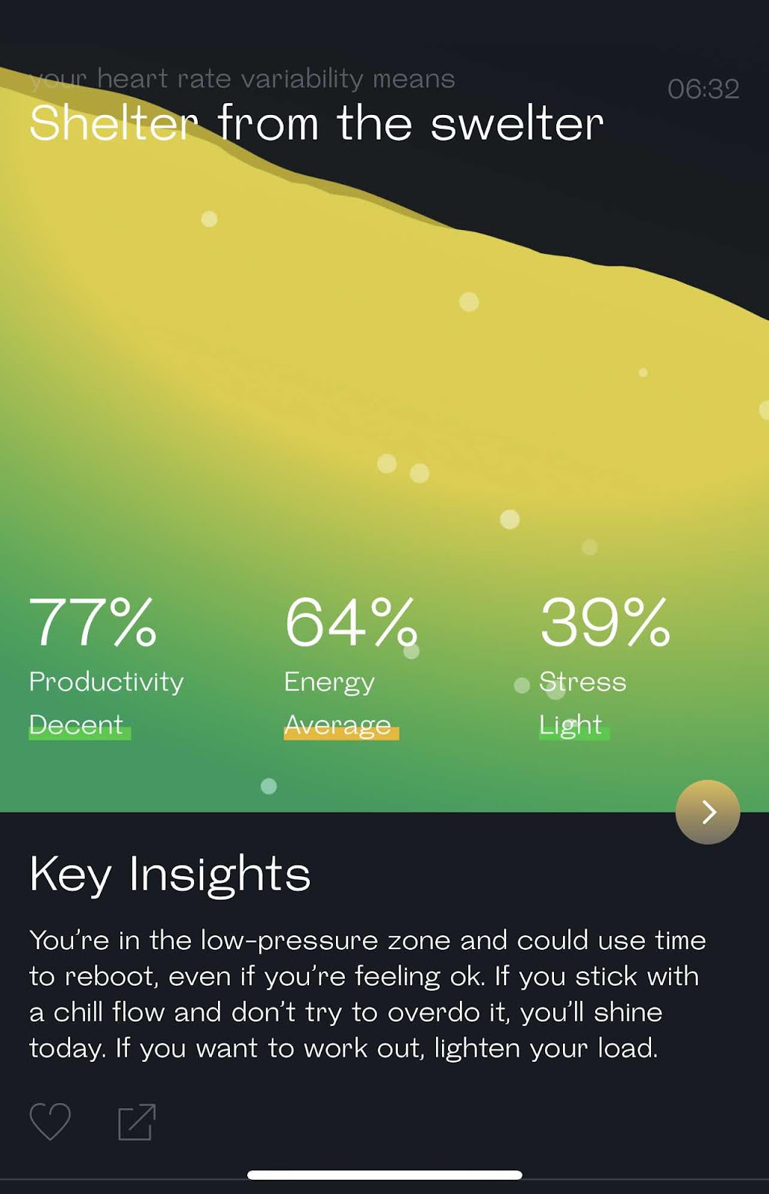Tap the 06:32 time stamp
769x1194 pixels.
703,89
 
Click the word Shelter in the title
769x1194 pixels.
113,123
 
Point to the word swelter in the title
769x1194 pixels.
517,123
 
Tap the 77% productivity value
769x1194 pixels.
93,622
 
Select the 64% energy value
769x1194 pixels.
350,622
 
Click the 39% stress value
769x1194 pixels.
605,622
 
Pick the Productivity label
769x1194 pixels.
106,683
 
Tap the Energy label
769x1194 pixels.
329,683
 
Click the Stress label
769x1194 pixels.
582,682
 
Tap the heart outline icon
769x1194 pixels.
50,1122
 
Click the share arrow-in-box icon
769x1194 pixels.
137,1122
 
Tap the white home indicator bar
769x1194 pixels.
384,1175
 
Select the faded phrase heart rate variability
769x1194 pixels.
230,79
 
